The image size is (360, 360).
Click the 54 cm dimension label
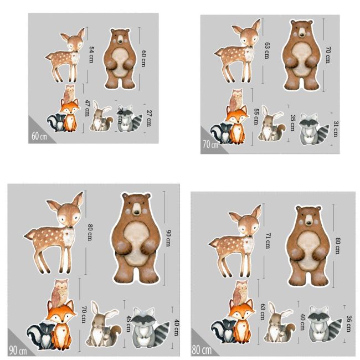[x=92, y=54]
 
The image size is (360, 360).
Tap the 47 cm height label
[x=87, y=107]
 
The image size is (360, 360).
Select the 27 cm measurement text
[x=149, y=119]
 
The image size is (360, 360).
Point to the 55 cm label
[x=255, y=116]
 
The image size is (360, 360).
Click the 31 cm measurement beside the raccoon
[x=335, y=128]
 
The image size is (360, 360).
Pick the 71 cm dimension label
[x=268, y=240]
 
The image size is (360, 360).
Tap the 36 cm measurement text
[x=348, y=323]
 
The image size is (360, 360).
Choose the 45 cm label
[x=128, y=322]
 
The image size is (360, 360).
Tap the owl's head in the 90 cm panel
[x=61, y=289]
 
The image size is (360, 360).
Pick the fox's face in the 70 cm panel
[x=236, y=119]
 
